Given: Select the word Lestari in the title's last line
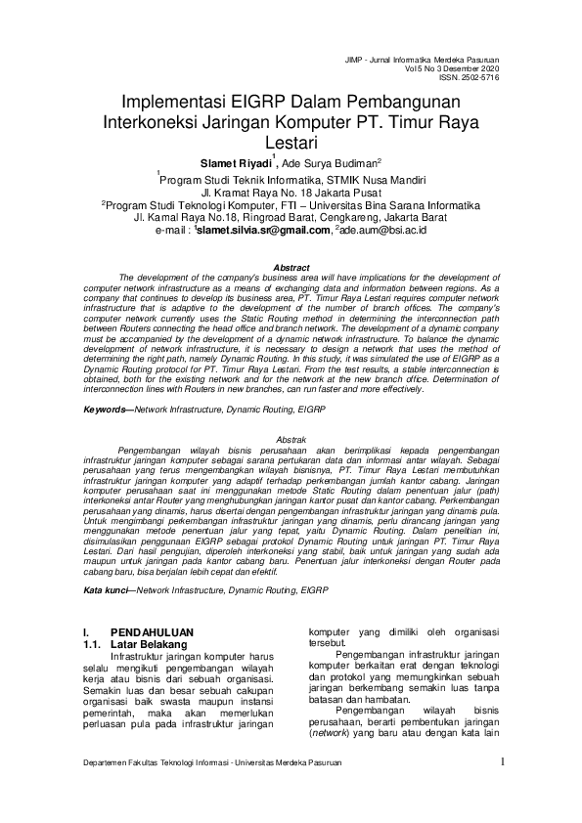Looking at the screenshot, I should tap(291, 144).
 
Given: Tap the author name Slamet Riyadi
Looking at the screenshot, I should tap(235, 163).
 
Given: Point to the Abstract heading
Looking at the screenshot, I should tap(291, 267).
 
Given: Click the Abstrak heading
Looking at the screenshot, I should tap(291, 440).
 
